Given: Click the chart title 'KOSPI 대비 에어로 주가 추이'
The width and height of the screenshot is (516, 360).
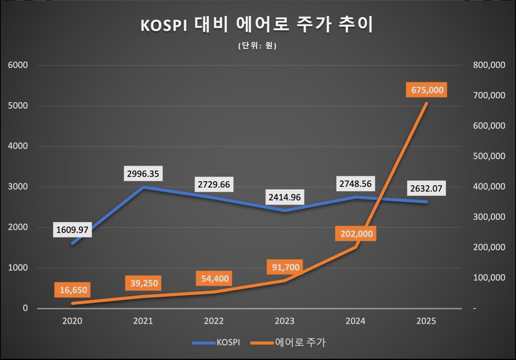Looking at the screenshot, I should coord(257,25).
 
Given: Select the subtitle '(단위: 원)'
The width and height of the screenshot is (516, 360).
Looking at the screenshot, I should coord(257,46).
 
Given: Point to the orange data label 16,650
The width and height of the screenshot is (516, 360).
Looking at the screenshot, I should coord(73,290).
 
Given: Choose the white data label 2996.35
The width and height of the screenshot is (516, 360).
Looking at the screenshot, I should coord(143,173).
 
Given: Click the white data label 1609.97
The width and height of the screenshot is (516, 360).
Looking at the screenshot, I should coord(73,230).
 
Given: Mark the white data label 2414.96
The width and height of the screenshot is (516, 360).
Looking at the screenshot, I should coord(284,197).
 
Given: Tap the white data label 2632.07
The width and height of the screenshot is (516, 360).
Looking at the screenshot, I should coord(426,188).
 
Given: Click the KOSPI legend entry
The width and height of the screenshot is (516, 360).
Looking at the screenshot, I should coord(216,343).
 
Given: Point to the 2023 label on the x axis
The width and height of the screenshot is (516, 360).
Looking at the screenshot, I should coord(285,321).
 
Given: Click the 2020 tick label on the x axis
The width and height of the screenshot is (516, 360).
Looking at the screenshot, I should coord(72,321).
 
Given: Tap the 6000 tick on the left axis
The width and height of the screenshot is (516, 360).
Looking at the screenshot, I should coord(18,65).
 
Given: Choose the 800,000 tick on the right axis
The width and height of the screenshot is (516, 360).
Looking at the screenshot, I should coord(489,65).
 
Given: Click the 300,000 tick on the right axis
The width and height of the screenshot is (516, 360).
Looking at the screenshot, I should coord(489,217).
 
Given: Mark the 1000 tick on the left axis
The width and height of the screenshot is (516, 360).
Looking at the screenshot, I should coord(18,268).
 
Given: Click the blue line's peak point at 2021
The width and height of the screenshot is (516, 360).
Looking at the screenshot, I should coord(143,187).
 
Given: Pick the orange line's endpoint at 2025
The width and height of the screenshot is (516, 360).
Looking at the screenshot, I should coord(426,103).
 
